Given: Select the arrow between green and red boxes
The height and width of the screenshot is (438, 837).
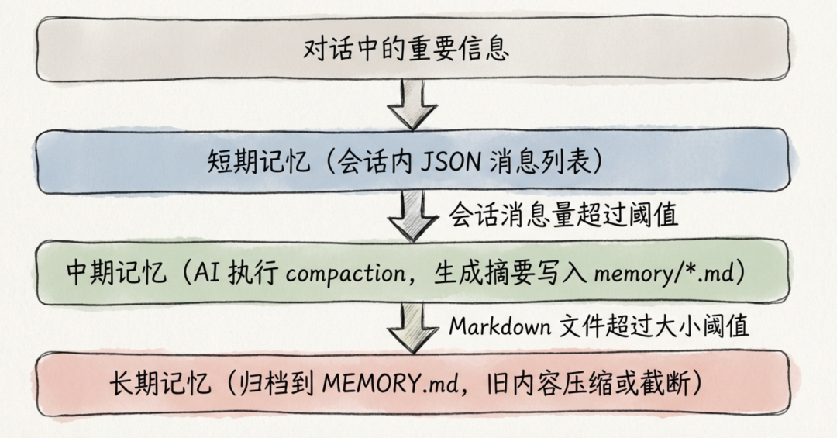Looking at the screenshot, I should point(413,326).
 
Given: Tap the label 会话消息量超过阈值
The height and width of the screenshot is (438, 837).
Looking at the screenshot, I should point(563,215).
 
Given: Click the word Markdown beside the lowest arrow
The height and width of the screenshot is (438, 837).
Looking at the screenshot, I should point(498,326).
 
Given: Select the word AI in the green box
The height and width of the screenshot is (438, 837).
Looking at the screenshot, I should point(201,273).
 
